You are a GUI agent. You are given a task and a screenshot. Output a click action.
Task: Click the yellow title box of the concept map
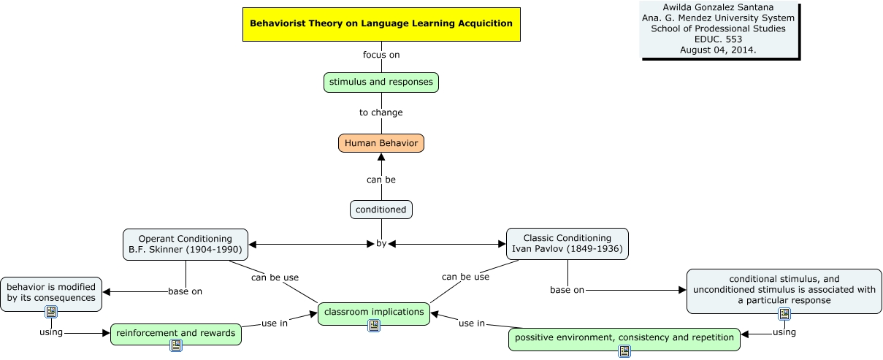[x=381, y=23]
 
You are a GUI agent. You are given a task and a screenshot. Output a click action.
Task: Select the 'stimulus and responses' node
[x=381, y=82]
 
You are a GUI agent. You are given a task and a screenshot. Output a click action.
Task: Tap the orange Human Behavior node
[x=381, y=143]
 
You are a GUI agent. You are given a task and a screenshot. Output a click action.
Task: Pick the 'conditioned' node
[x=381, y=210]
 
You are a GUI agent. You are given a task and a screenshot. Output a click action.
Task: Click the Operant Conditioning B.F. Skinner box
[x=186, y=244]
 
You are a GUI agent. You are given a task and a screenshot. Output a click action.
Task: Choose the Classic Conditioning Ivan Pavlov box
[x=567, y=244]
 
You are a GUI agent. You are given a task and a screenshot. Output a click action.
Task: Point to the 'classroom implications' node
[x=374, y=312]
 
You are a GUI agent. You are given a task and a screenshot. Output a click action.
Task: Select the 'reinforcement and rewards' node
[x=175, y=333]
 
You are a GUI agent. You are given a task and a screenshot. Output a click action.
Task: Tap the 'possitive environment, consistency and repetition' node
[x=624, y=337]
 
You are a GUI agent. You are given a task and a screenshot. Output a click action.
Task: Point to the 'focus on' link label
[x=381, y=55]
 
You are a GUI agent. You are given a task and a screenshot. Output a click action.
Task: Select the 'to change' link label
[x=381, y=112]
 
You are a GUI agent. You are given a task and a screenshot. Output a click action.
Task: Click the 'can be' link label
[x=381, y=179]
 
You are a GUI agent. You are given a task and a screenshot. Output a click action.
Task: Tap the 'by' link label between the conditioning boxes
[x=381, y=244]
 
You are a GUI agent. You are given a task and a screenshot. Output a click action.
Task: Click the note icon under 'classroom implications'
[x=374, y=326]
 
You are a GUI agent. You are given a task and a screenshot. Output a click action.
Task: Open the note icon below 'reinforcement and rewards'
[x=175, y=345]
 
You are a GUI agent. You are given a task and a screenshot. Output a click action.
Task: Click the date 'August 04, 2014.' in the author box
[x=718, y=50]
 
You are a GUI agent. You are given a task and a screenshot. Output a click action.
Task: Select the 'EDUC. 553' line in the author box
[x=718, y=39]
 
